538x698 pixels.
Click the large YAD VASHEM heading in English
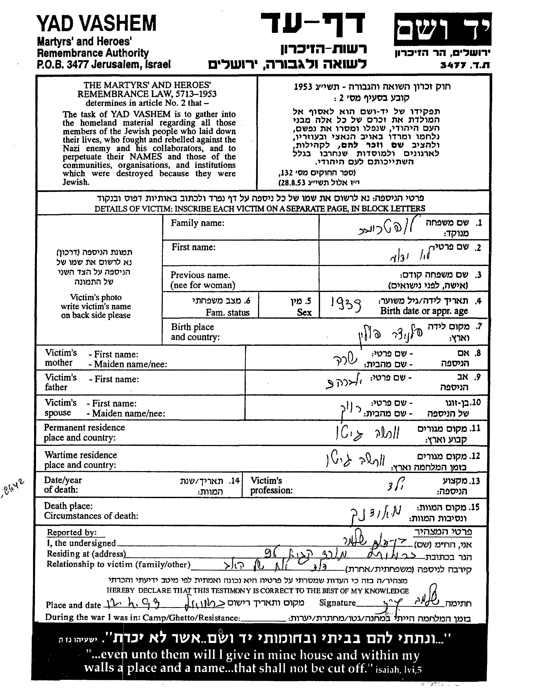click(x=97, y=24)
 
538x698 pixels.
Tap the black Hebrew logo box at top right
click(x=443, y=29)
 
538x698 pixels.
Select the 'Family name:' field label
click(x=197, y=223)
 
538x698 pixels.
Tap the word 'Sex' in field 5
click(x=304, y=312)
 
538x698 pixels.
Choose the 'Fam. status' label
click(x=227, y=312)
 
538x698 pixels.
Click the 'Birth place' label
click(x=193, y=327)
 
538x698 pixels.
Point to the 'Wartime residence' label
click(x=81, y=455)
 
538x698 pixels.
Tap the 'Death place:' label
click(x=68, y=506)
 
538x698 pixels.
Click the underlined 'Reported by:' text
click(x=72, y=532)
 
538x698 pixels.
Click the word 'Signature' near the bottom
click(x=338, y=603)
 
